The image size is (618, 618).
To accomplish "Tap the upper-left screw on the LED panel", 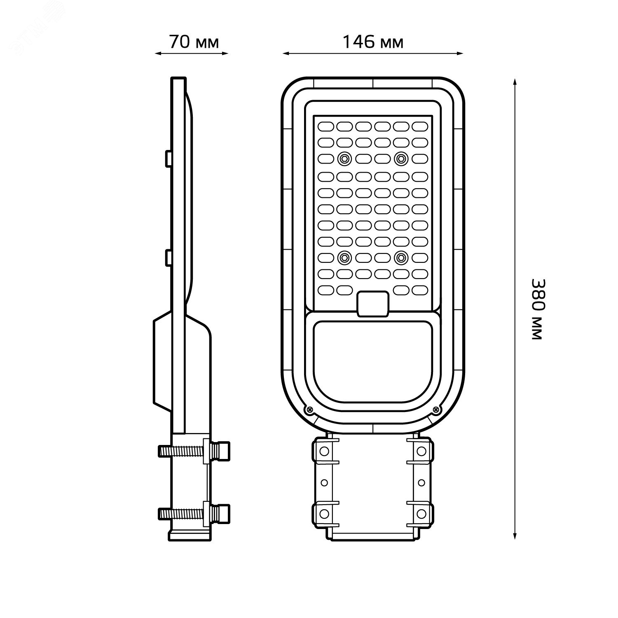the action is pos(344,158).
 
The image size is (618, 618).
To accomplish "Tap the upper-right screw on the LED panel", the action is pos(400,158).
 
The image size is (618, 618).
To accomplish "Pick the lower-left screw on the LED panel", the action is pos(344,258).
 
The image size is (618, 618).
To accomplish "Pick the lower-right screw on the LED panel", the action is pos(400,258).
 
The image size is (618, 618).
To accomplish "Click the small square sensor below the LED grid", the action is pos(373,304).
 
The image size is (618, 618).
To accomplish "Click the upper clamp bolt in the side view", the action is pos(194,450).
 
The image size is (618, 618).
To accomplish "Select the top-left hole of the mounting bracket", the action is pos(324,451).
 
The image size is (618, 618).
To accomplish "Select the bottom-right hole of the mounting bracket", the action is pos(421,513).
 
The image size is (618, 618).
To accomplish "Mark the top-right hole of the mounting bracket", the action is pos(421,451).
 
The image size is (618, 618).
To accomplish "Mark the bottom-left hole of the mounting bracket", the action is pos(324,513).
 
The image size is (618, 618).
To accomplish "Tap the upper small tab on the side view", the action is pos(169,159).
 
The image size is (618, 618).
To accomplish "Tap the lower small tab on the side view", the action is pos(169,257).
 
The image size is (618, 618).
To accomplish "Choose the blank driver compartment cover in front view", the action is pos(373,358).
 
